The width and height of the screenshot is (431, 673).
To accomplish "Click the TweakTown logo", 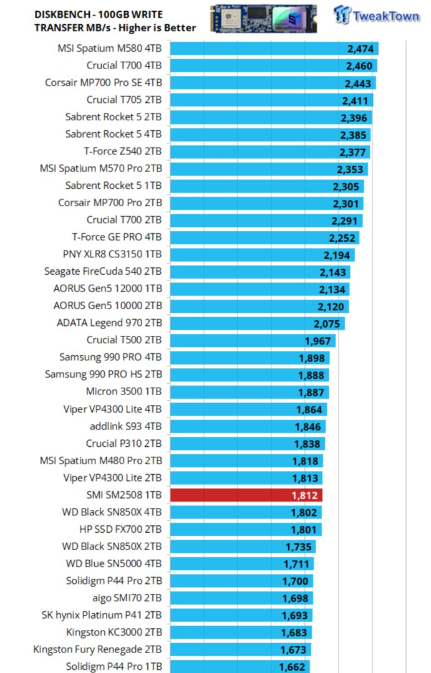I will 376,15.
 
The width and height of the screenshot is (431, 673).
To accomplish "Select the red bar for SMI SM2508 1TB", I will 246,495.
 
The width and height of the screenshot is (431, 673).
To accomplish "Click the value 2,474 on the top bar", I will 360,49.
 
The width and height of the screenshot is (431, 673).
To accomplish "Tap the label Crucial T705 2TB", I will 124,100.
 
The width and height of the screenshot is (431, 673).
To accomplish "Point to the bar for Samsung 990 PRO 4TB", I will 249,358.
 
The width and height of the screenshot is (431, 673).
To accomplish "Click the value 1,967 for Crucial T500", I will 317,341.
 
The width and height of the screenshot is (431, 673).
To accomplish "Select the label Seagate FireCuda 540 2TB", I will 103,271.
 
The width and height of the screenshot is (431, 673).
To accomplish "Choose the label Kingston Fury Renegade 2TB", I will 97,649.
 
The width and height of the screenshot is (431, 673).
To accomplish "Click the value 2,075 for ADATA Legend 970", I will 326,323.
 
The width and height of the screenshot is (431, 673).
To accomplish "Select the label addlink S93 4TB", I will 125,426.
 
